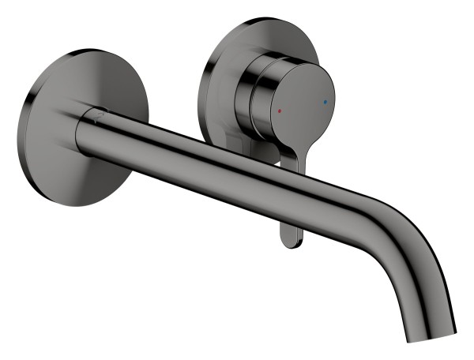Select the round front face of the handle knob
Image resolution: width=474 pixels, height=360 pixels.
coord(301,107)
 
